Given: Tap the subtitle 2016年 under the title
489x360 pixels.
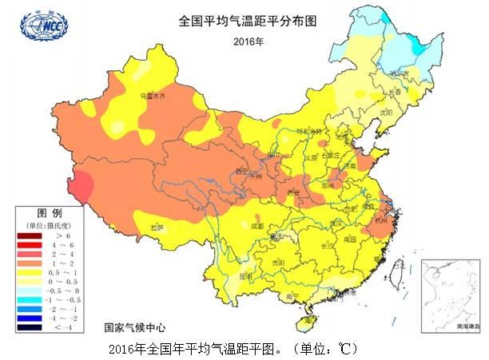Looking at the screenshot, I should (248, 40).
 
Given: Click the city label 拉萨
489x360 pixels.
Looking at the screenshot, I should (157, 227).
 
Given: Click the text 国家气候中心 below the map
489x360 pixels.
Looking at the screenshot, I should (137, 327).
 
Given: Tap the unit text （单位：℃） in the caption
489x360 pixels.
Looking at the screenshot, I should (324, 349).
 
